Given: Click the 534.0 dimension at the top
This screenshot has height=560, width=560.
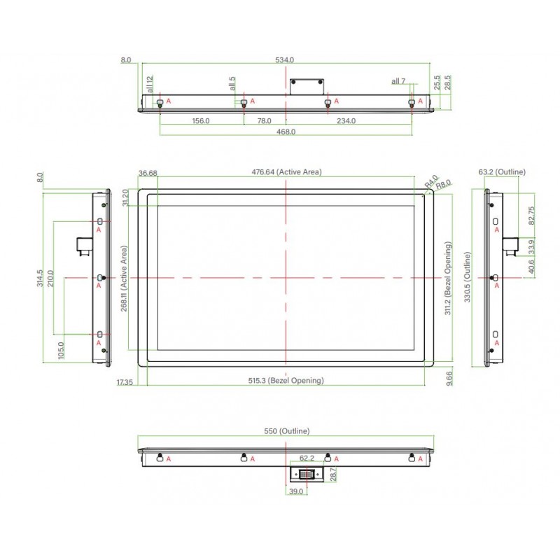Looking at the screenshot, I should [x=285, y=61].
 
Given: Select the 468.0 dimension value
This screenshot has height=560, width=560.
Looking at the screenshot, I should [x=286, y=132].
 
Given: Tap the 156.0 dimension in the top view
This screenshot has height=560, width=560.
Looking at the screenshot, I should [x=201, y=121].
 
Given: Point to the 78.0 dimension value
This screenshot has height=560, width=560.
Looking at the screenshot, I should [x=265, y=121].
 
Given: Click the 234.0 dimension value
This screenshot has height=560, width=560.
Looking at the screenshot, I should [x=346, y=121].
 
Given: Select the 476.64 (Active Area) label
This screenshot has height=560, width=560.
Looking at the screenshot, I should [x=286, y=172].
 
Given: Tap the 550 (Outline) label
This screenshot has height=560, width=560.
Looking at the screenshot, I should [x=286, y=432].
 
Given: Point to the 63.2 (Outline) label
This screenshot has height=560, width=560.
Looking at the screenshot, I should [x=502, y=172].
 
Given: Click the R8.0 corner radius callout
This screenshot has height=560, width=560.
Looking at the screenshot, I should [x=444, y=185].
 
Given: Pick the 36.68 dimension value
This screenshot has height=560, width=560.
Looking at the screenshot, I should [x=148, y=173].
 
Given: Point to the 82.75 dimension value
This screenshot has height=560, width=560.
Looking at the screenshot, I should [x=533, y=215].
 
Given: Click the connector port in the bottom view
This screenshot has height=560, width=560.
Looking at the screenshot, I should [x=307, y=474].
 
